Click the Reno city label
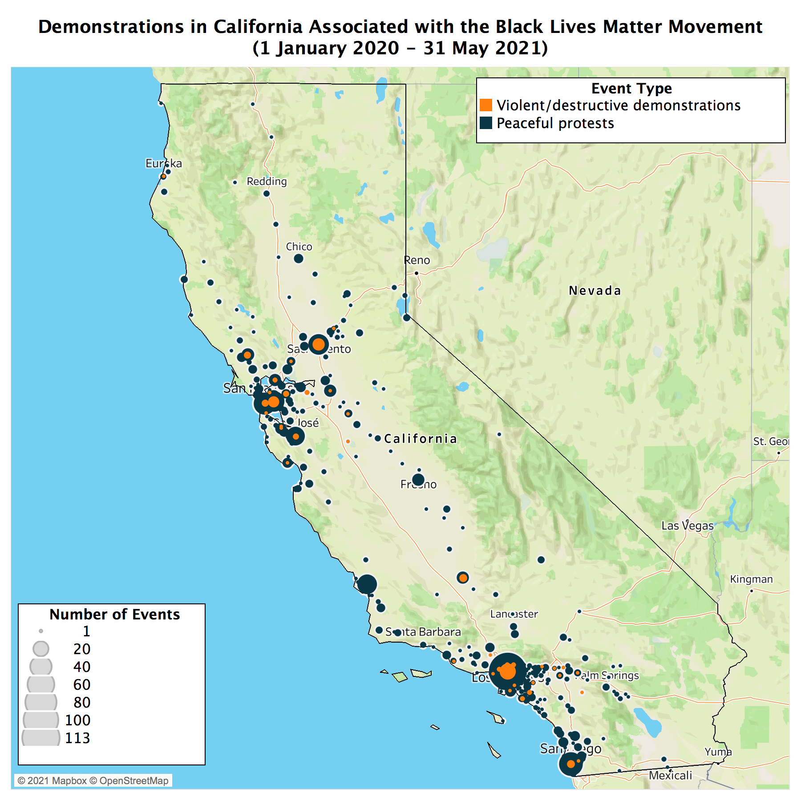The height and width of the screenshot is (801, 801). [x=417, y=260]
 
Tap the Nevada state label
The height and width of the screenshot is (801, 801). [x=595, y=291]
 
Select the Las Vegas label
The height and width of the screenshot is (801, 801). [x=687, y=526]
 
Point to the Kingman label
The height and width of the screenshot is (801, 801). [x=751, y=579]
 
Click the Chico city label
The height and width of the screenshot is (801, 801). [x=299, y=247]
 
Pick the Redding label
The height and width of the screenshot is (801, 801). [x=267, y=181]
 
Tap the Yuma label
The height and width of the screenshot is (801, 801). [x=718, y=752]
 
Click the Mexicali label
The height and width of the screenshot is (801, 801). [x=670, y=775]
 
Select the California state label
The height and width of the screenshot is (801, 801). [x=421, y=439]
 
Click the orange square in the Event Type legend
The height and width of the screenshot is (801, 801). [x=486, y=105]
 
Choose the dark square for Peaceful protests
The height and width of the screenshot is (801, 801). [x=486, y=123]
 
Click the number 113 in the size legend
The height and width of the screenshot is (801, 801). [x=77, y=738]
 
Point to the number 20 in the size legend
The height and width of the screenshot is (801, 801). [x=82, y=649]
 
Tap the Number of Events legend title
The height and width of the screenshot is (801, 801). [x=114, y=614]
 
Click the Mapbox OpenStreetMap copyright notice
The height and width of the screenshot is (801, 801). [x=93, y=781]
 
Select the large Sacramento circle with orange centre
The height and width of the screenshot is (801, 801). [x=319, y=344]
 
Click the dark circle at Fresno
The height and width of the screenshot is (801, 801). [x=418, y=480]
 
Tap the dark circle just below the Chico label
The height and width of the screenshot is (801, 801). [x=299, y=259]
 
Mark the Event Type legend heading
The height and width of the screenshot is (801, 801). [x=631, y=88]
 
